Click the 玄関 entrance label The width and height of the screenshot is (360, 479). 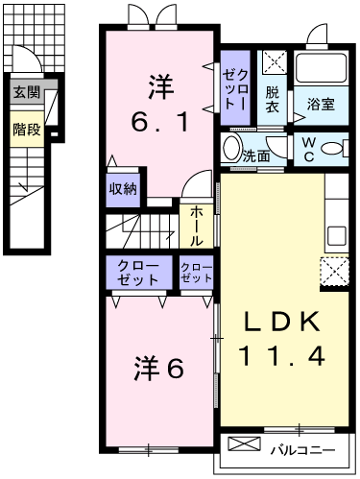point(26,93)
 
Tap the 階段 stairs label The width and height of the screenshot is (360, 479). point(27,130)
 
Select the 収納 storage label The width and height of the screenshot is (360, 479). point(123,189)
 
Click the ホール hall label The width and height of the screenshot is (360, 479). point(196,227)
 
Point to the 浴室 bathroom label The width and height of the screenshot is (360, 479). point(321,105)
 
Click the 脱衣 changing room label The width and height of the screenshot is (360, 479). point(273,100)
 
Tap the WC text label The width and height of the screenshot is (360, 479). point(308,150)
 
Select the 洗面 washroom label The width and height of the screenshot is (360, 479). point(256,156)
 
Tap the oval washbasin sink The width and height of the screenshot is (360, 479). point(232,149)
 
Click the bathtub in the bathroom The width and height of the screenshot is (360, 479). point(321,68)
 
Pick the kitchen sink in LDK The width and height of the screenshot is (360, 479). point(336,236)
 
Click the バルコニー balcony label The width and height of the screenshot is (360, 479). point(303,450)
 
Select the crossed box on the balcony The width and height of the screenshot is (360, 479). point(244,443)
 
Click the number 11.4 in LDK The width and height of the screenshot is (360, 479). point(282,356)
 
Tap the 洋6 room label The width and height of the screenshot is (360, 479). point(159,369)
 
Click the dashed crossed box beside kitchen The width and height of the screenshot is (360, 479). point(335,273)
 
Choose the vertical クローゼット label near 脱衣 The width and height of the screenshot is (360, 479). point(235,89)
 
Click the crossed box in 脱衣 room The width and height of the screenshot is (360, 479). point(275,61)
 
